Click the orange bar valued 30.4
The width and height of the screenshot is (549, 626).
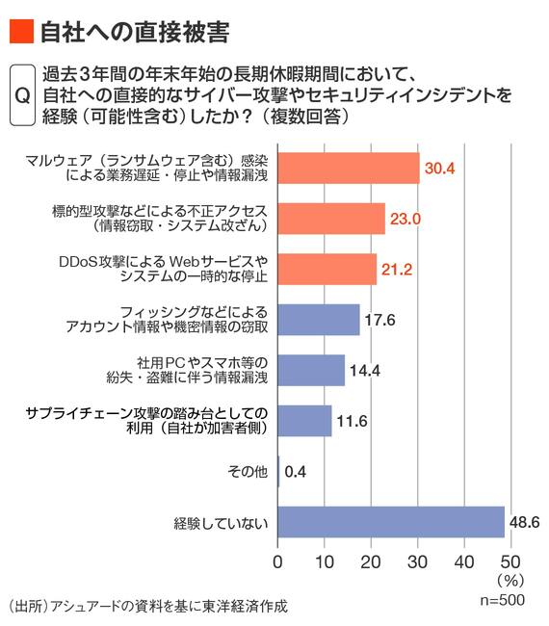[349, 169]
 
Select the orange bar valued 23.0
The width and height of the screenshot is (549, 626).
[331, 219]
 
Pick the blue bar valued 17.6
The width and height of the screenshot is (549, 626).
[319, 320]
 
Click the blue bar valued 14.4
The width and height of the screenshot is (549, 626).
[311, 370]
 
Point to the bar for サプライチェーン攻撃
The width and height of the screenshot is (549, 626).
[304, 421]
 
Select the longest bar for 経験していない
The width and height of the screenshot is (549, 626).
[391, 522]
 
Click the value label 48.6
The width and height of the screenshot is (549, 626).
[525, 522]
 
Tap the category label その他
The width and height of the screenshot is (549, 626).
[248, 472]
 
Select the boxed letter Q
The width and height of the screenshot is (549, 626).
[22, 95]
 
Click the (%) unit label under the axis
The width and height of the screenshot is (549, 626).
[510, 581]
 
